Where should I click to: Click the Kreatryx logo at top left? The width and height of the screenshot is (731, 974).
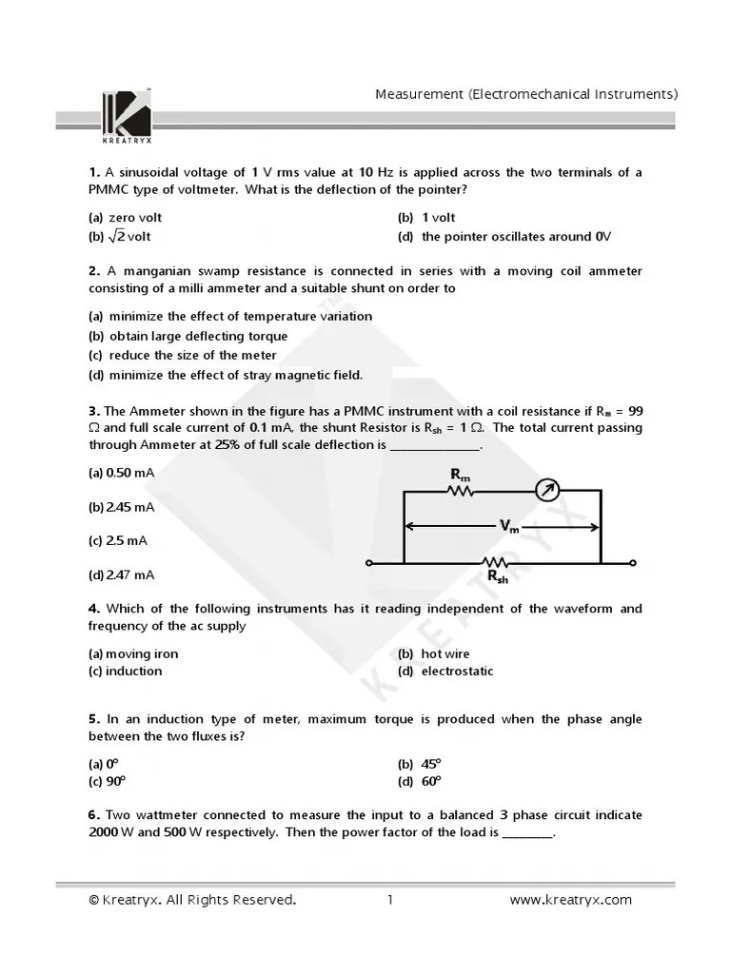126,112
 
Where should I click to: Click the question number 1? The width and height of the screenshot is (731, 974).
94,172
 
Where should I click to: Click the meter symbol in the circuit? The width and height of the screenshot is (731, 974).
546,491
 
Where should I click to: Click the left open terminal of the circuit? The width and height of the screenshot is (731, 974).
369,563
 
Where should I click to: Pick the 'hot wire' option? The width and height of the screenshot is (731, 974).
445,653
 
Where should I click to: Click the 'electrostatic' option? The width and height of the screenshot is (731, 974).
457,671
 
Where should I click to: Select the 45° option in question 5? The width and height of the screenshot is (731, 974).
431,764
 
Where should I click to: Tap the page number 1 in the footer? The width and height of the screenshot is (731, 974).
390,900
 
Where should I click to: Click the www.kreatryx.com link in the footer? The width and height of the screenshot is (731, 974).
570,900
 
